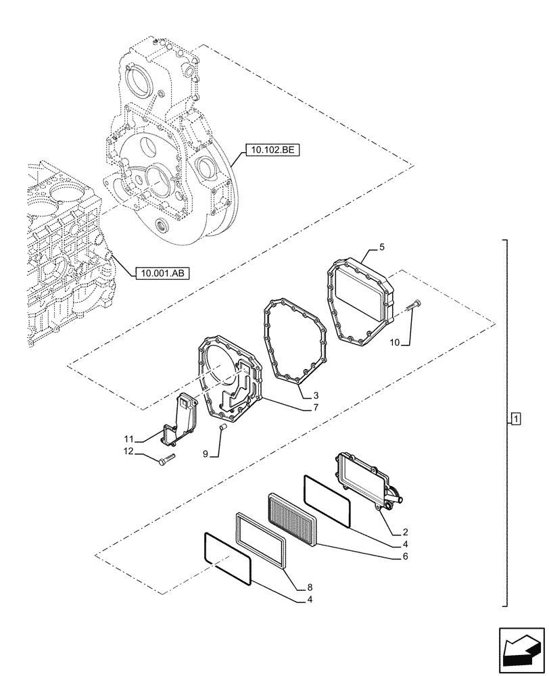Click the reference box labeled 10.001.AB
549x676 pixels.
[163, 273]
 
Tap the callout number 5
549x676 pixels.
[382, 248]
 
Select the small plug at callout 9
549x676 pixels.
[225, 427]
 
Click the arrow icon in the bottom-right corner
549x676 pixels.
[520, 651]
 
